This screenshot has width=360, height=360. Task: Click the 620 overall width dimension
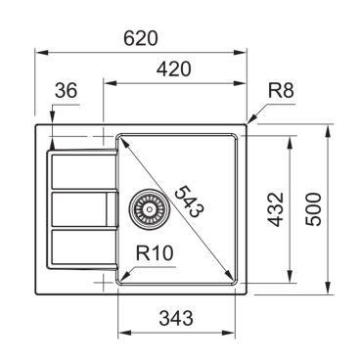tap(141, 38)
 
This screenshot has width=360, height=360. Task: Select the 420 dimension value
tap(173, 69)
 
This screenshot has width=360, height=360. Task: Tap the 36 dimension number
tap(67, 90)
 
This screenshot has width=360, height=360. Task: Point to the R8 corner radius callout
tap(281, 90)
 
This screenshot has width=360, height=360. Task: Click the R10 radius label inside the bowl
tap(155, 252)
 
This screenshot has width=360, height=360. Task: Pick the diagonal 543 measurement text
tap(189, 202)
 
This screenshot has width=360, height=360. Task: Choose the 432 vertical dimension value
tap(276, 209)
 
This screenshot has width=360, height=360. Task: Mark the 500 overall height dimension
tap(314, 209)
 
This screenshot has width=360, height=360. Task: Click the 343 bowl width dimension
tap(176, 318)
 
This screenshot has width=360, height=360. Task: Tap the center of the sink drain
tap(150, 208)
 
